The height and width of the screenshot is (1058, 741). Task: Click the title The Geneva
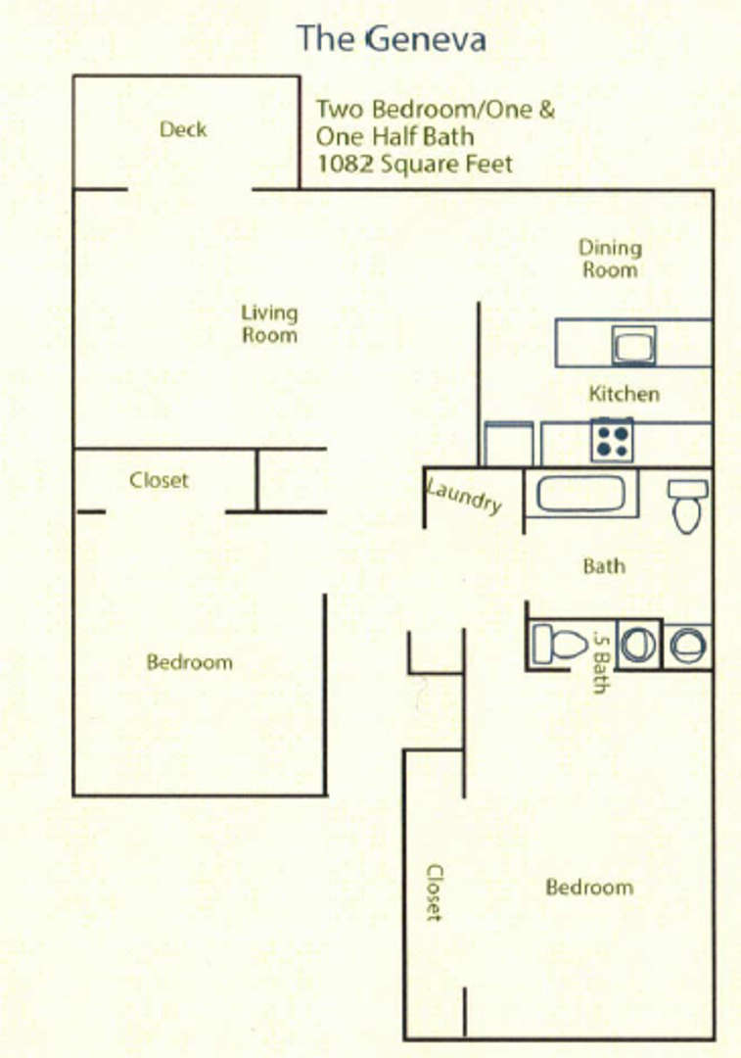pos(392,39)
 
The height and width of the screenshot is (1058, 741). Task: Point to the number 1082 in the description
pos(341,164)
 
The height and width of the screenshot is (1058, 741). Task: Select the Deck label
pos(183,129)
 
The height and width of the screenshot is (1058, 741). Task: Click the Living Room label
pos(269,323)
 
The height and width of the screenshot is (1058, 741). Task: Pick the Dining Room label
pos(610,259)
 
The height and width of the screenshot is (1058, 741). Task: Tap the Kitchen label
pos(624,394)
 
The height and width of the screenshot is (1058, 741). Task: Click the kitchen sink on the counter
pos(633,344)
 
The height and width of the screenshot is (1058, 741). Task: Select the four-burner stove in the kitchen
pos(612,439)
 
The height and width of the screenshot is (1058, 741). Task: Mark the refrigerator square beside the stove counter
pos(509,444)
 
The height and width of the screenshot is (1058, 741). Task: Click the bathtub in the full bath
pos(580,493)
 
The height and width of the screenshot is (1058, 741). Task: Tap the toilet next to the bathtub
pos(686,505)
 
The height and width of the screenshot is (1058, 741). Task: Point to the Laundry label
pos(465,495)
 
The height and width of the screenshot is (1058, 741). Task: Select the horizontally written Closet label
pos(159,481)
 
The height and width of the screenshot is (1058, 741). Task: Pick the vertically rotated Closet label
pos(434,891)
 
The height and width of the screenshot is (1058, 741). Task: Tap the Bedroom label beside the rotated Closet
pos(588,888)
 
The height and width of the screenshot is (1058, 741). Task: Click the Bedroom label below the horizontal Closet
pos(190,662)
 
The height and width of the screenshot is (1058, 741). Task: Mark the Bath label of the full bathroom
pos(603,566)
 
